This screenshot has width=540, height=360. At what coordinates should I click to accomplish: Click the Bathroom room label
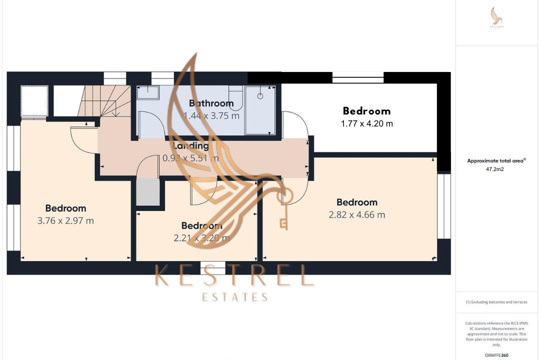[211, 103]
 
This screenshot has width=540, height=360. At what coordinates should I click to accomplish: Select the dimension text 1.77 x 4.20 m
[367, 123]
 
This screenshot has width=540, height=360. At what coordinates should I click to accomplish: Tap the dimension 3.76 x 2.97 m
[65, 220]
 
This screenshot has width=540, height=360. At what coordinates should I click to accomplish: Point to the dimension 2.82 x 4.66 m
[356, 215]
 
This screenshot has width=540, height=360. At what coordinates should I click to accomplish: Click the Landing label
[190, 146]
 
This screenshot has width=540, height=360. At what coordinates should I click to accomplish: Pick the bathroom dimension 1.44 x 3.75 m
[211, 116]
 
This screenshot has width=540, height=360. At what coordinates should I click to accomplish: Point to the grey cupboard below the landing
[148, 191]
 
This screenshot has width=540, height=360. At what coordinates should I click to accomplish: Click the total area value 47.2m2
[494, 169]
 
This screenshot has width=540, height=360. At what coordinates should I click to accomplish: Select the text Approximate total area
[495, 161]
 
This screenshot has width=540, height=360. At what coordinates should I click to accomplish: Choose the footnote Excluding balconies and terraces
[496, 302]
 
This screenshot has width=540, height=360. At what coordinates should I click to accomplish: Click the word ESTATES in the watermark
[234, 297]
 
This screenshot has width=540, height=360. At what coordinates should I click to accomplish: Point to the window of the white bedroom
[358, 77]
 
